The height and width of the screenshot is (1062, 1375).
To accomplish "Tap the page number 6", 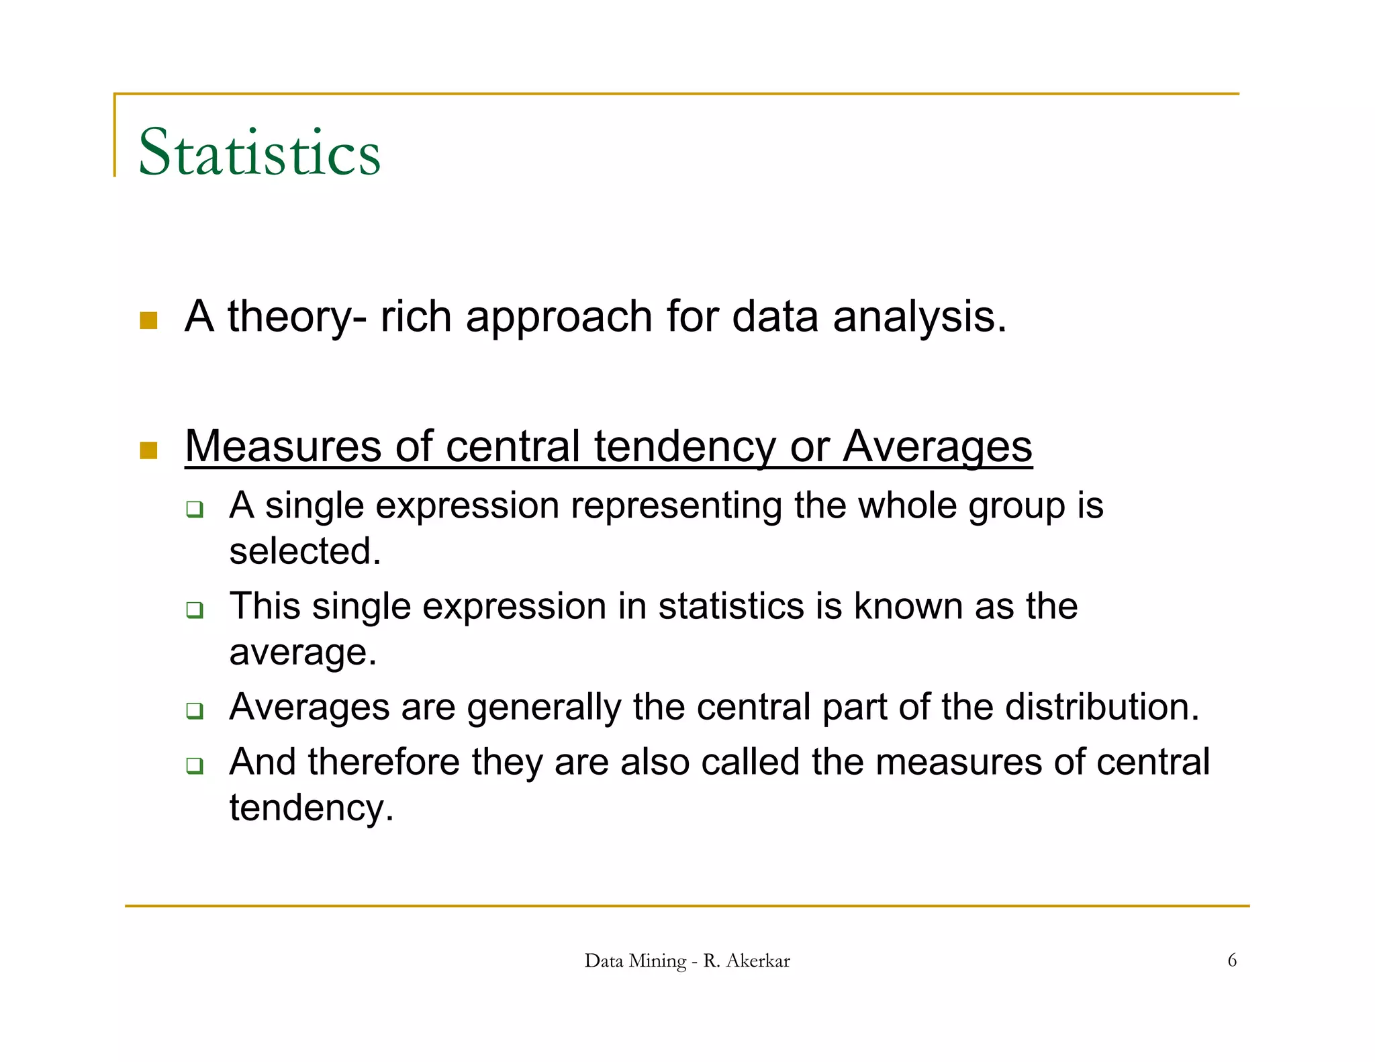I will [x=1231, y=960].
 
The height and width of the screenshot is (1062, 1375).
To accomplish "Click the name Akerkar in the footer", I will [x=757, y=961].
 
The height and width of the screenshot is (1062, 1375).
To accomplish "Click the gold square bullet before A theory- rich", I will [x=148, y=320].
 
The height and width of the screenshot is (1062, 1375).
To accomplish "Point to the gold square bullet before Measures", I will [x=148, y=450].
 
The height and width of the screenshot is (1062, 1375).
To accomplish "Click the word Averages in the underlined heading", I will [x=937, y=447].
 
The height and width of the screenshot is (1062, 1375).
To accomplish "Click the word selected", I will [x=303, y=551].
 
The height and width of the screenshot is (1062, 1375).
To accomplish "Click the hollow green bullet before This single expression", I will [x=195, y=610].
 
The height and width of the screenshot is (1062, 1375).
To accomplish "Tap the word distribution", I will [x=1098, y=707].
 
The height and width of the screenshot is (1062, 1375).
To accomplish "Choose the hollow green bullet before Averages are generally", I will [x=195, y=710].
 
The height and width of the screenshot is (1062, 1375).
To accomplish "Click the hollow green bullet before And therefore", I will [x=195, y=765].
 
